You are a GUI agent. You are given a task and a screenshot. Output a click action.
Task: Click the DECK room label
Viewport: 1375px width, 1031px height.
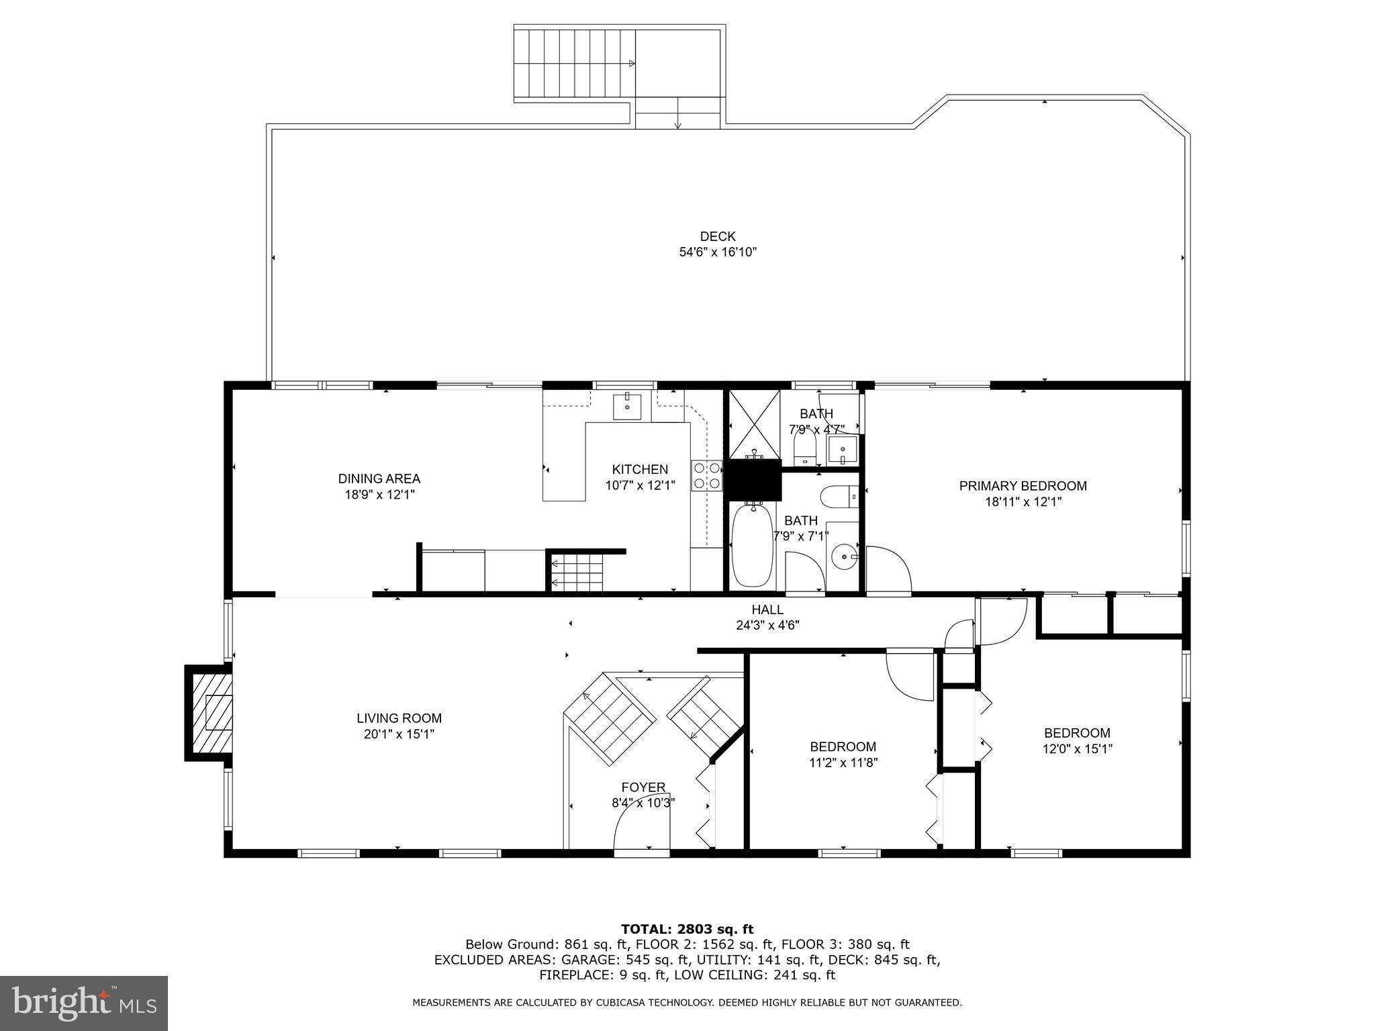(718, 236)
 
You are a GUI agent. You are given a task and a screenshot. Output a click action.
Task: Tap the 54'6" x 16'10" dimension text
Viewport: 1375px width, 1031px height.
(718, 252)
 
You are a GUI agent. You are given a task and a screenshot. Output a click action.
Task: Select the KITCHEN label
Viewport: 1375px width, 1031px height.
(640, 469)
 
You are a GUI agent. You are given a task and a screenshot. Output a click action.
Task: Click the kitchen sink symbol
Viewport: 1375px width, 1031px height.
(627, 406)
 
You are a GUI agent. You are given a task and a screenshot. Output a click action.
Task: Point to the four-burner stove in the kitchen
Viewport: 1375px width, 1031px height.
(707, 475)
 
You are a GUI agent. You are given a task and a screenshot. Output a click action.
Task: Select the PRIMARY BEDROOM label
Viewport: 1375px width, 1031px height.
(1023, 486)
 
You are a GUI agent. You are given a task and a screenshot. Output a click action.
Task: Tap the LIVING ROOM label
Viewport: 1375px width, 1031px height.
(399, 718)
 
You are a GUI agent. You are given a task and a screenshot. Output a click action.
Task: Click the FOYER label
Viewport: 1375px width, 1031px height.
(643, 787)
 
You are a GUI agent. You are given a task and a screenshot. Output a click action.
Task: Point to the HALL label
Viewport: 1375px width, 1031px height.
(767, 609)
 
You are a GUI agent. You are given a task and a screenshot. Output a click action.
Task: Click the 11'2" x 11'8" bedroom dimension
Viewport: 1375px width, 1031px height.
(843, 763)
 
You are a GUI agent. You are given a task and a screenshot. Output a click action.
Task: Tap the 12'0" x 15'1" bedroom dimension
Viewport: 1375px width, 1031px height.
(1077, 749)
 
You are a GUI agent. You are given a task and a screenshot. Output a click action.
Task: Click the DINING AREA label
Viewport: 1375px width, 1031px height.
(379, 479)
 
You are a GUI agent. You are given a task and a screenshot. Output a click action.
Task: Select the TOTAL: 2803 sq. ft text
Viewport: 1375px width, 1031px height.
(687, 929)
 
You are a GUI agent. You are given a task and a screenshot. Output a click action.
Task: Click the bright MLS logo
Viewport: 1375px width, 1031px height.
(84, 1003)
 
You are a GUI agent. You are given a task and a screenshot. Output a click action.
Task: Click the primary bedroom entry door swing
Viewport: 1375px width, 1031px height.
(888, 571)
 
